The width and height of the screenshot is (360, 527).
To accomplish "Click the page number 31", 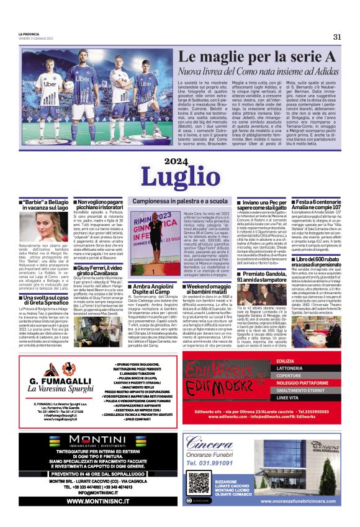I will click(x=337, y=37).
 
